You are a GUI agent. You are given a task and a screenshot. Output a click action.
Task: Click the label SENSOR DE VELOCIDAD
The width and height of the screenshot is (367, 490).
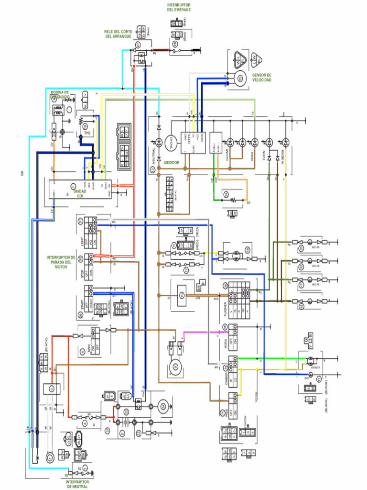coord(261,78)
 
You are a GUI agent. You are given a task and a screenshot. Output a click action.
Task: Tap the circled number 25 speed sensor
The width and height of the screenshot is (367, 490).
coord(239,78)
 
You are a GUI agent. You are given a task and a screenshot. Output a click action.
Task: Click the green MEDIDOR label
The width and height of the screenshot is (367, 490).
coord(172,163)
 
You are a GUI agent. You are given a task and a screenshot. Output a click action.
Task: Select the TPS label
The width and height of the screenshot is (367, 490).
coord(87,134)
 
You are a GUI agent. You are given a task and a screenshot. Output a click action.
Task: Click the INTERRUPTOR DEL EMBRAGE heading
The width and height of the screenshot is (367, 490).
coord(179,7)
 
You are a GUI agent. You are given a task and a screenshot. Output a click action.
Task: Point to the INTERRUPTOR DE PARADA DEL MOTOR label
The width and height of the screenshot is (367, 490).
coord(61,262)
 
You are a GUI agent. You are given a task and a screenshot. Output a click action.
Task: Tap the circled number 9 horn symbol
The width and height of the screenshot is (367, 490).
coord(175,367)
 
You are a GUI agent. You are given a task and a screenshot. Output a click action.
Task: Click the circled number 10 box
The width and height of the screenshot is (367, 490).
coord(182,295)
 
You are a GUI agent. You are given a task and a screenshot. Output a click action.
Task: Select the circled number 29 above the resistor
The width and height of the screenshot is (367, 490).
coord(226,194)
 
